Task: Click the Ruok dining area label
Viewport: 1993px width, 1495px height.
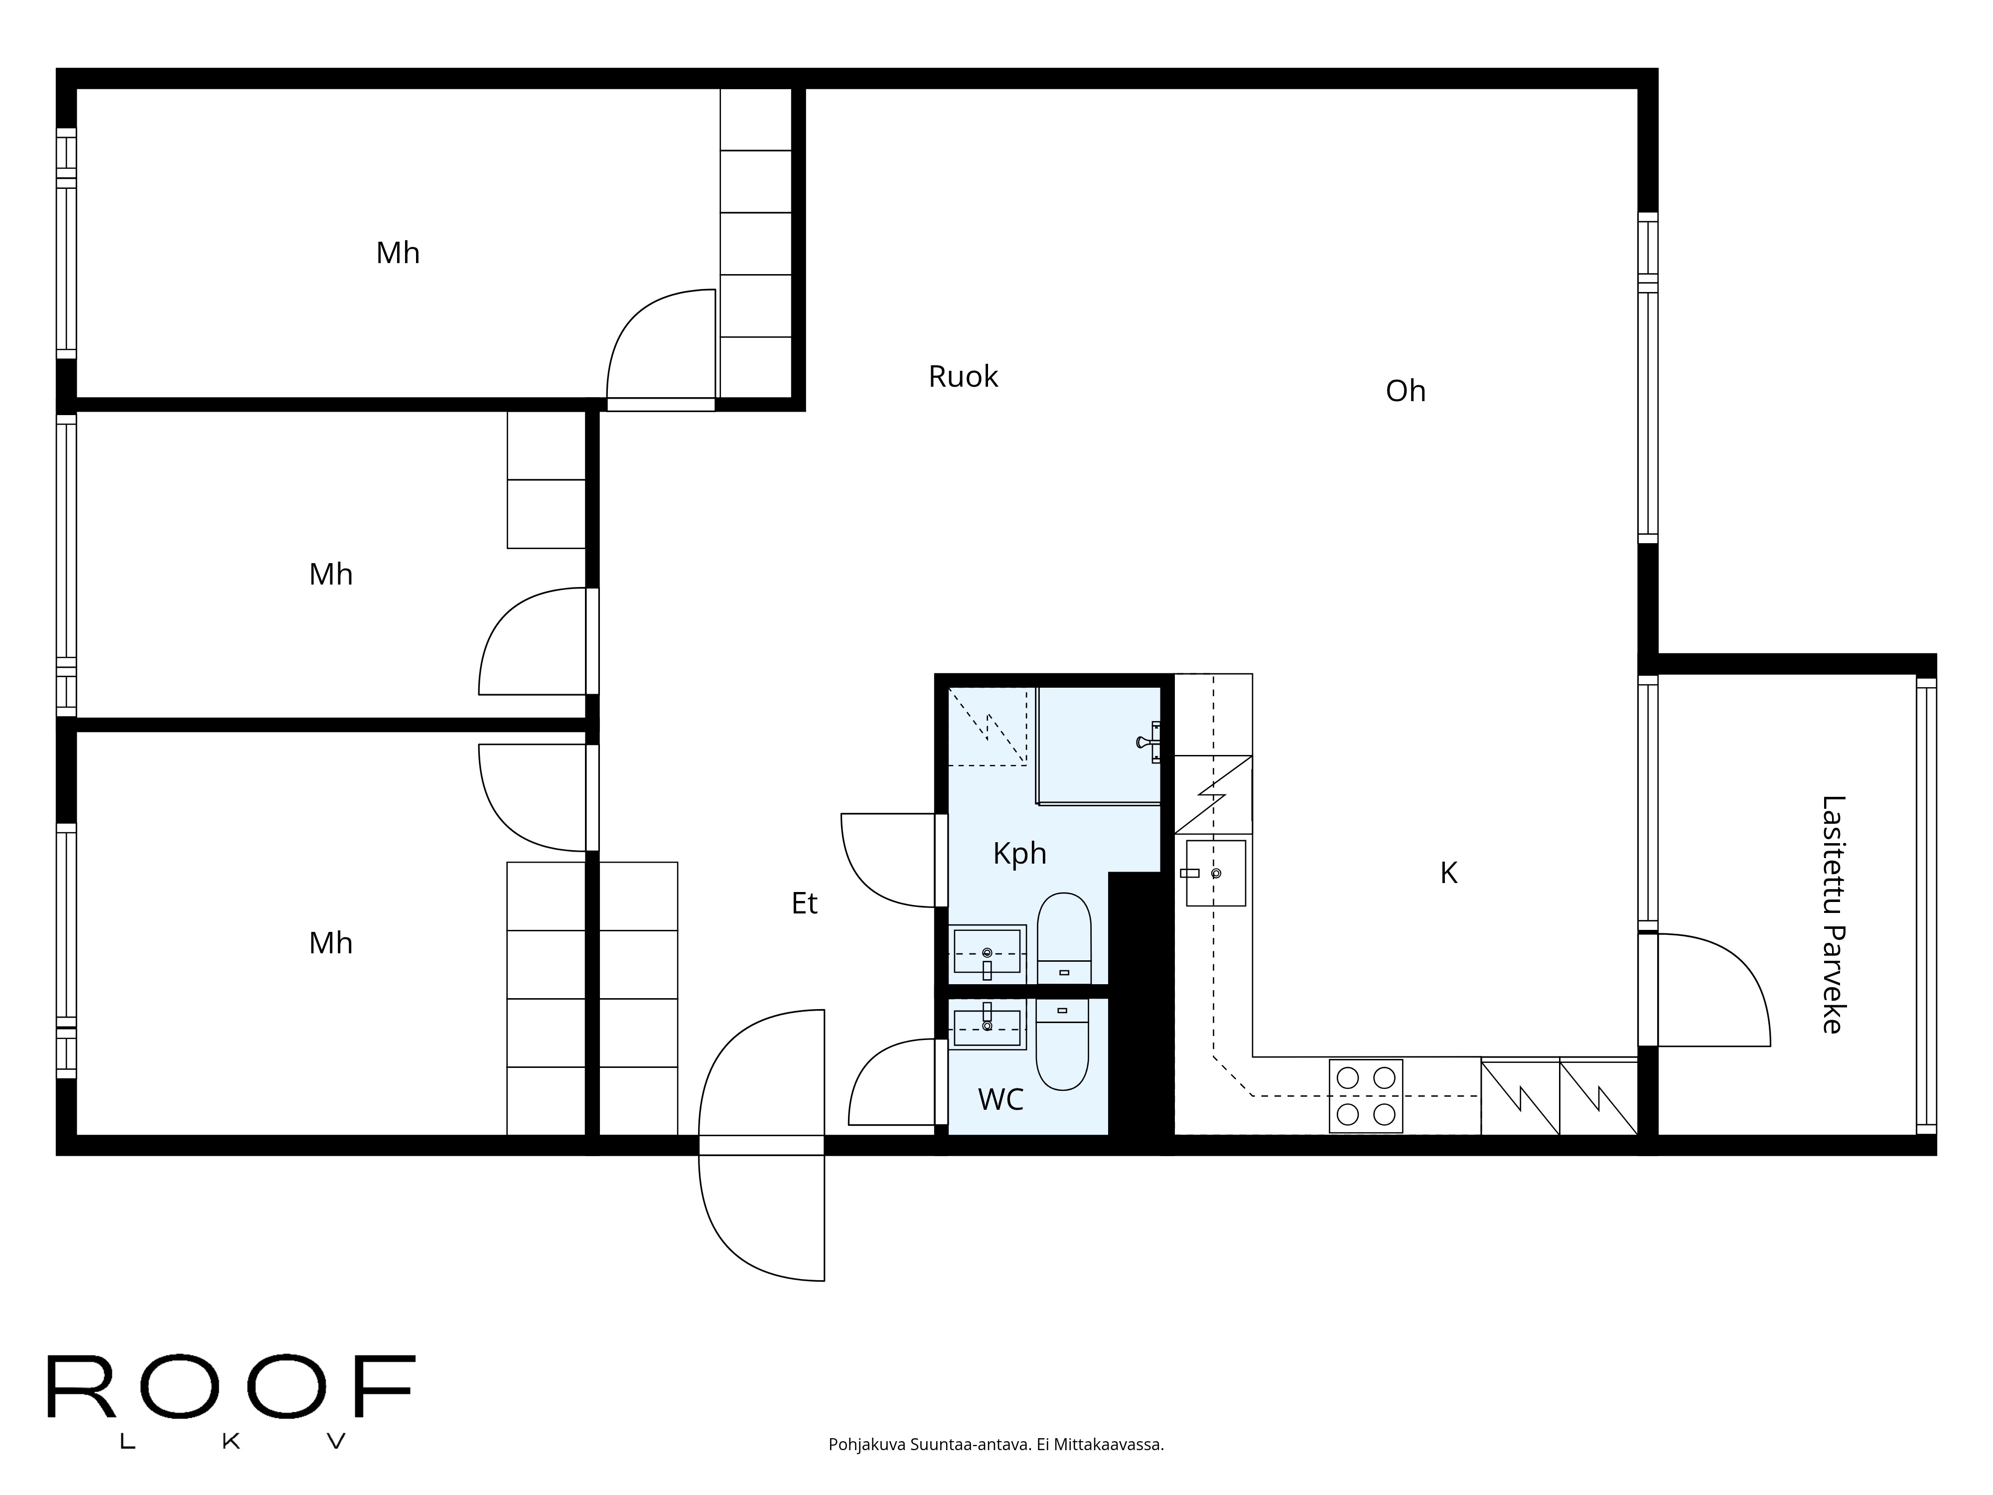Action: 963,377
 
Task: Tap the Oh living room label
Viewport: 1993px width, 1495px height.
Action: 1406,391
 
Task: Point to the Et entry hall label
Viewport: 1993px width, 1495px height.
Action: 805,903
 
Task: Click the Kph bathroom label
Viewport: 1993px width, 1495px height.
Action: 1020,853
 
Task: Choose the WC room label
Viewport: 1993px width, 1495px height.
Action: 1001,1099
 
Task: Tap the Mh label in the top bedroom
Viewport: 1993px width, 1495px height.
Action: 397,253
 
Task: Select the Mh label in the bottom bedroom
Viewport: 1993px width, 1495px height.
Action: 331,943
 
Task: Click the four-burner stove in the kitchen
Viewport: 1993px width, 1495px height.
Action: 1366,1096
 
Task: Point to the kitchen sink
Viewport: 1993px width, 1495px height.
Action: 1215,873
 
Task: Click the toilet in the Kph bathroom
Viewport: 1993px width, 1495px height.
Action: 1064,938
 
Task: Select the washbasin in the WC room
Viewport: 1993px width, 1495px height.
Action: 988,1025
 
